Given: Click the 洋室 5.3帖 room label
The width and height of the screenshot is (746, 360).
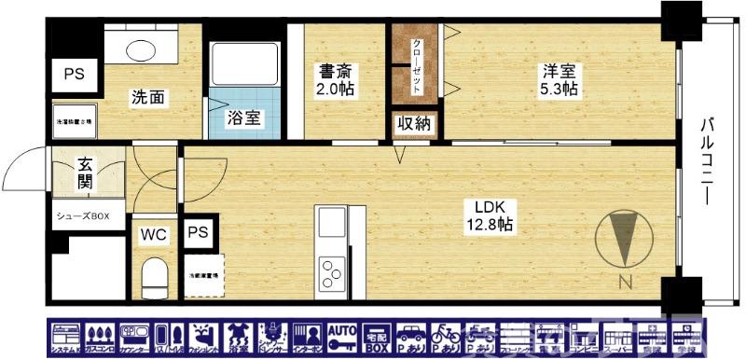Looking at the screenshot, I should coord(558,79).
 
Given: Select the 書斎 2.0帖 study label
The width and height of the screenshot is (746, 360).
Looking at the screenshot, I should coord(335,79).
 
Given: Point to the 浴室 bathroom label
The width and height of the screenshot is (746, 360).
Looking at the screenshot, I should coord(244,118).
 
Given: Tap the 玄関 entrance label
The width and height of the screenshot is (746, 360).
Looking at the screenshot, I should coord(86,174).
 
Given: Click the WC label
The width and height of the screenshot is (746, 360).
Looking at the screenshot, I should coord(154,235).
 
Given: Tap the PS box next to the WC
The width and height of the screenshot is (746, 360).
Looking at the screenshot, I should coord(198,232).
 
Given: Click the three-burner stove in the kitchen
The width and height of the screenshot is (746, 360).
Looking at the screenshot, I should coord(331,273).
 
